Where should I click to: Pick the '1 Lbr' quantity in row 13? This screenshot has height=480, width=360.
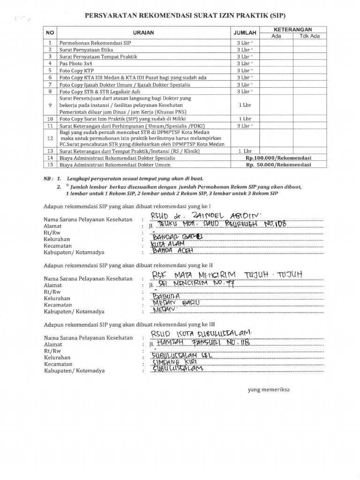245,151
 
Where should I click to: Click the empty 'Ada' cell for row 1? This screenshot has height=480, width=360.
277,43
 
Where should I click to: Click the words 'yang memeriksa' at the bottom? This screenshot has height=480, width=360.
269,390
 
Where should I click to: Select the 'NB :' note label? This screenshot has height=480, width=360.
49,179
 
